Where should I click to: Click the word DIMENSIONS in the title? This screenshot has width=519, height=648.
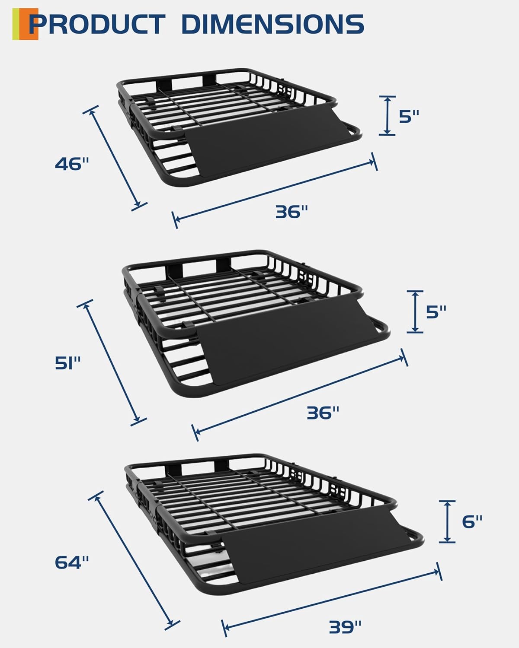(273, 24)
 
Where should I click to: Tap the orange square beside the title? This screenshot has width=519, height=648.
(29, 24)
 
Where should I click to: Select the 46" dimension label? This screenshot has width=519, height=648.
(72, 164)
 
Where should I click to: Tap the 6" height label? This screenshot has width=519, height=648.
(472, 521)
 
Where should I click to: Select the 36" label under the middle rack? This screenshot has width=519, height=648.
(323, 413)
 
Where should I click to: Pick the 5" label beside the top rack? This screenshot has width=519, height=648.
(409, 116)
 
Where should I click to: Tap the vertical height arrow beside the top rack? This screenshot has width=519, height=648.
(387, 116)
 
